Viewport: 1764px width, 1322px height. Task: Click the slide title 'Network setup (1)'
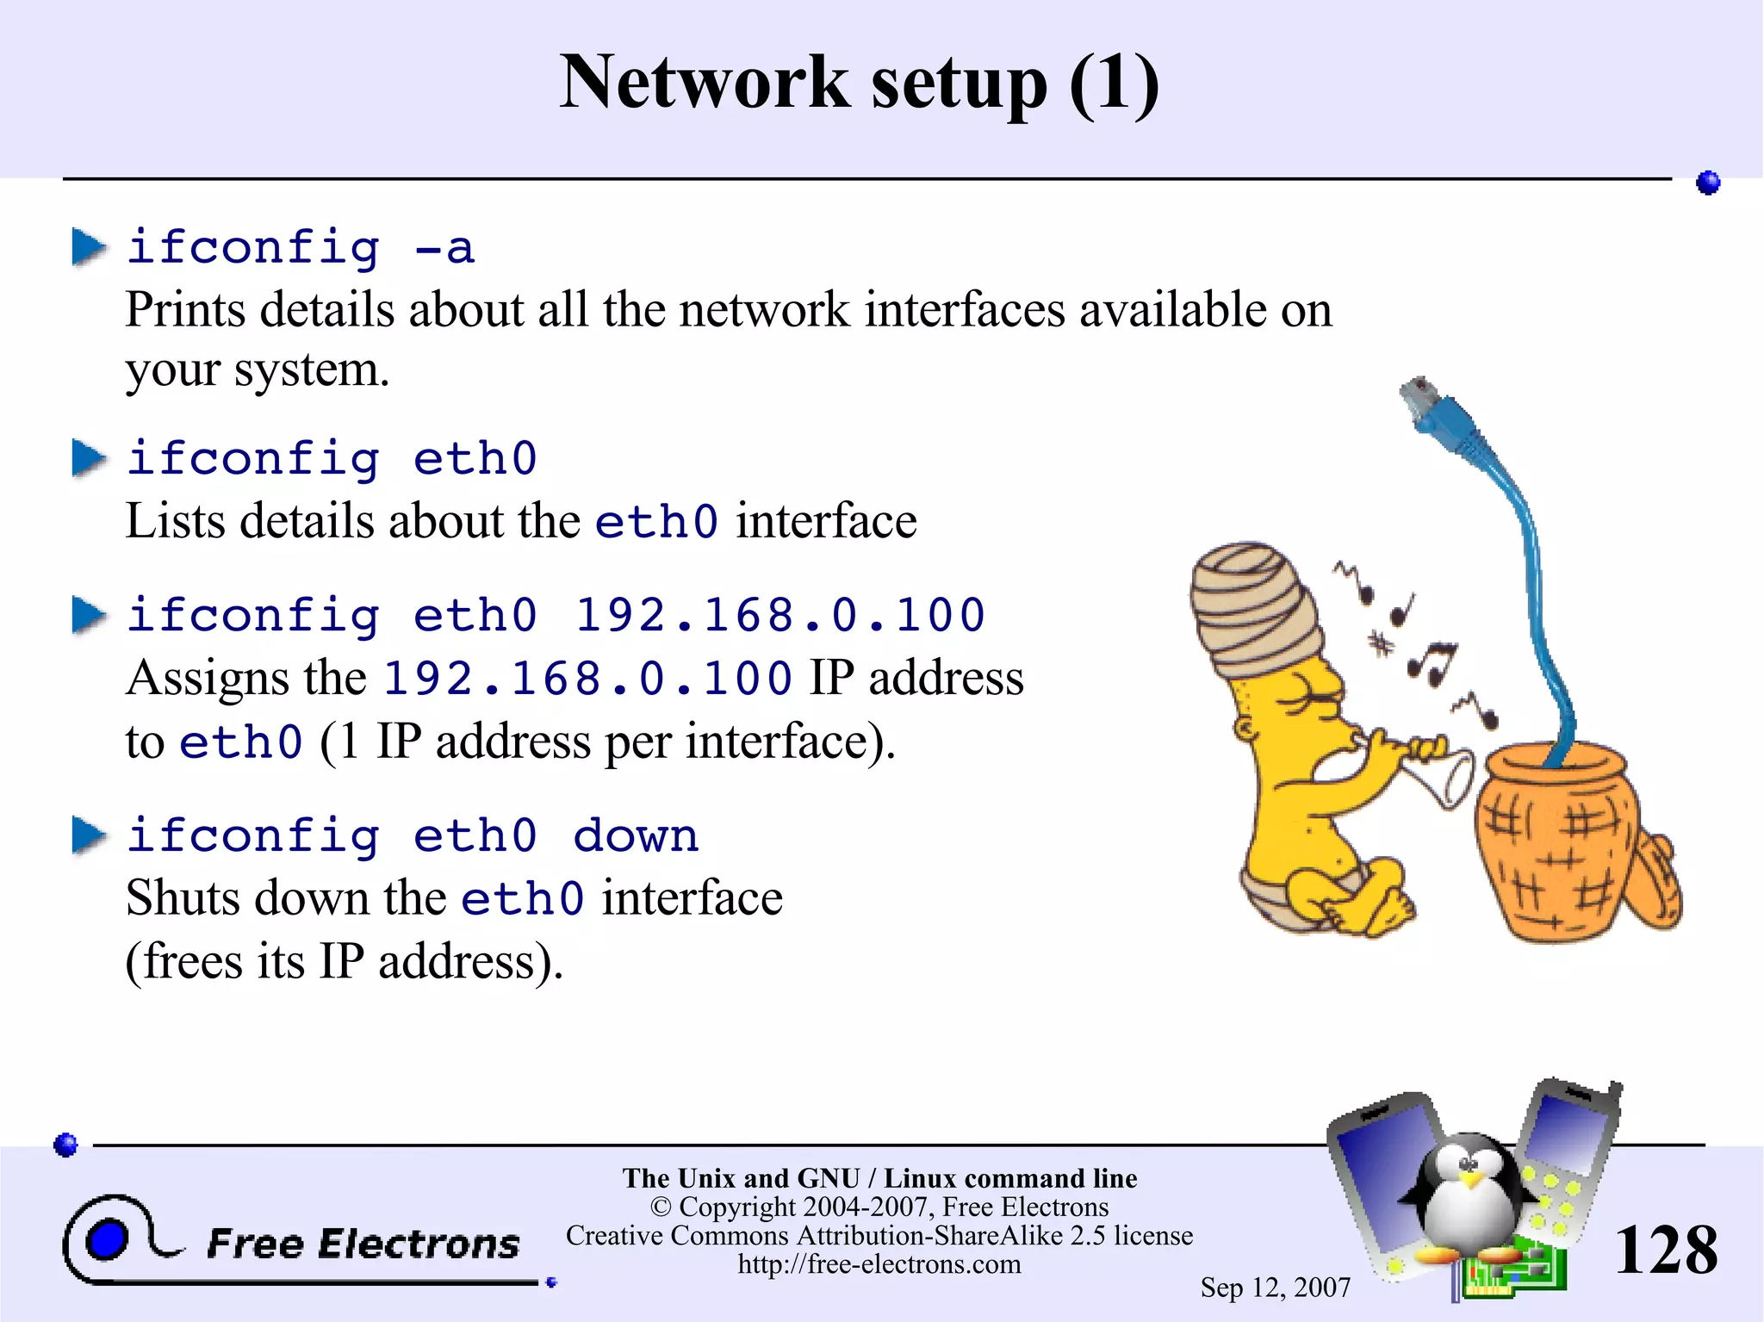(x=860, y=83)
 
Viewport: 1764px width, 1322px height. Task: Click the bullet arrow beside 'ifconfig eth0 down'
(x=89, y=835)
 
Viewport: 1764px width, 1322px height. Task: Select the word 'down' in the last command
(x=636, y=835)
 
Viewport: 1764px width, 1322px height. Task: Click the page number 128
(x=1665, y=1251)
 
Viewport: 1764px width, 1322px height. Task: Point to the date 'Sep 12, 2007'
(x=1275, y=1288)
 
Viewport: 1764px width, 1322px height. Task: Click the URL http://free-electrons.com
(x=879, y=1264)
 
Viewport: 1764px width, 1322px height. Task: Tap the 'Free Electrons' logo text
(x=363, y=1244)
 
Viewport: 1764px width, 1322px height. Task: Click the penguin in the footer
(x=1469, y=1197)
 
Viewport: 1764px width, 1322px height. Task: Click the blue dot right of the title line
(x=1708, y=183)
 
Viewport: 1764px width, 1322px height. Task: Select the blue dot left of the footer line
(x=66, y=1145)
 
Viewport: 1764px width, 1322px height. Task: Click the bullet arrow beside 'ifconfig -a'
(x=89, y=247)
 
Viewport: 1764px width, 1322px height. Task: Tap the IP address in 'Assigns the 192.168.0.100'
(x=587, y=678)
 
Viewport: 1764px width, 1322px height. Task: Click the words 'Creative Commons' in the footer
(x=677, y=1236)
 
